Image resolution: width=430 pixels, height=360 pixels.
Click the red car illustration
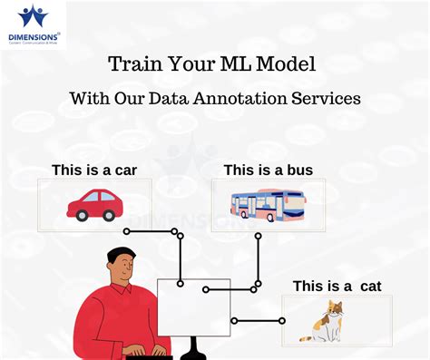[93, 204]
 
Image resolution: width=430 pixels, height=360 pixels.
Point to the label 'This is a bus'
[267, 170]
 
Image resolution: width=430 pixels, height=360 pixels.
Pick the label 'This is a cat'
[337, 287]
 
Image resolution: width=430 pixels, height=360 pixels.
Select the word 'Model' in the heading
[292, 65]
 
